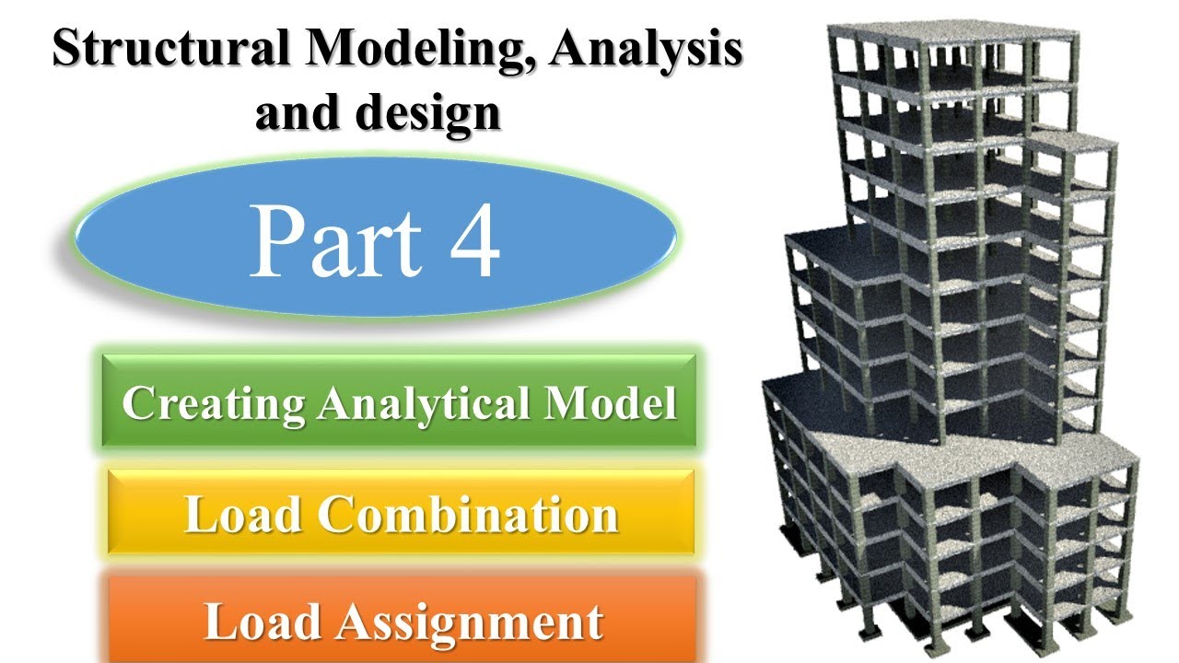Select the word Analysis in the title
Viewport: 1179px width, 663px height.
646,52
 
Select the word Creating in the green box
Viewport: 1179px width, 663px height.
213,404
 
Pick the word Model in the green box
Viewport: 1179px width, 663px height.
619,404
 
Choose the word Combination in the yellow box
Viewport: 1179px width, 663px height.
468,515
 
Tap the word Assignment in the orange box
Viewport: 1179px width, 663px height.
468,622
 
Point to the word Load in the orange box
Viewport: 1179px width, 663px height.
263,622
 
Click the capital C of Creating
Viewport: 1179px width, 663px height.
138,404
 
